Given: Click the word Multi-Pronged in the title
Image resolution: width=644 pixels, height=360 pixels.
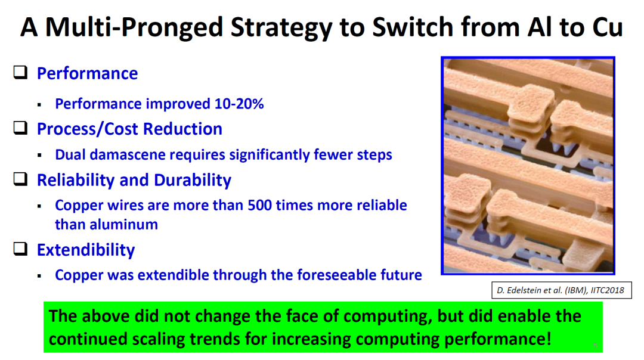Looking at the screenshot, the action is pyautogui.click(x=134, y=27).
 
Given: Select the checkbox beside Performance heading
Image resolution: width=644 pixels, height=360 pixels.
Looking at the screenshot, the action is pyautogui.click(x=20, y=72).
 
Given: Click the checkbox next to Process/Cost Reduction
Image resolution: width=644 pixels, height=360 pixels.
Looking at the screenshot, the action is pyautogui.click(x=20, y=128).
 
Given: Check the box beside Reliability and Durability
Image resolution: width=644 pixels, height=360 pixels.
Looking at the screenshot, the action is pyautogui.click(x=20, y=179).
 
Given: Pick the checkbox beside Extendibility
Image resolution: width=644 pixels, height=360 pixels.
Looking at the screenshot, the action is pyautogui.click(x=20, y=249).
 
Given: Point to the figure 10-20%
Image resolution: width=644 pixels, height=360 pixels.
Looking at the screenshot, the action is pyautogui.click(x=239, y=104).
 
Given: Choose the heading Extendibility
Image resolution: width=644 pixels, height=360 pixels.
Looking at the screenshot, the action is pyautogui.click(x=86, y=250).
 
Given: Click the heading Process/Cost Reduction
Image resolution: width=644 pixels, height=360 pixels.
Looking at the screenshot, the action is pyautogui.click(x=130, y=129).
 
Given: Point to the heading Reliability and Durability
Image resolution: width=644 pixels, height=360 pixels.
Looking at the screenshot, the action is pyautogui.click(x=134, y=180).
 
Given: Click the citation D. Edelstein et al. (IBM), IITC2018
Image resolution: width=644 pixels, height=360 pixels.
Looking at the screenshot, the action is pyautogui.click(x=561, y=290).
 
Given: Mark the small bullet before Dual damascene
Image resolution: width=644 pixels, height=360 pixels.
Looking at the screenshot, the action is pyautogui.click(x=40, y=155).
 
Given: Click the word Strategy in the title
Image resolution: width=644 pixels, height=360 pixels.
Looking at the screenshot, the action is pyautogui.click(x=281, y=27).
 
